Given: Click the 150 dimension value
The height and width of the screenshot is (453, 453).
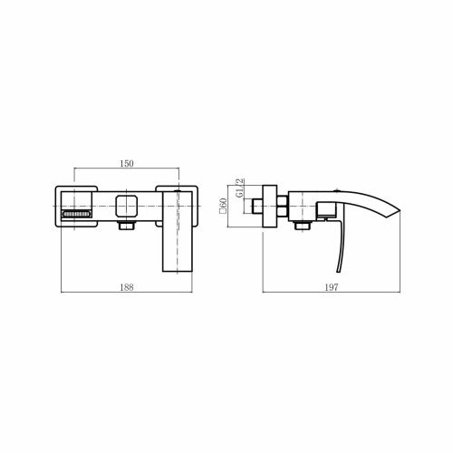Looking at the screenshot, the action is click(x=127, y=163).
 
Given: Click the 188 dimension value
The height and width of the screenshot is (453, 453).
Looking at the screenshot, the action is click(x=127, y=287).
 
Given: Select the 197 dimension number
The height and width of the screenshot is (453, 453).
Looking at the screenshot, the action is click(x=332, y=287).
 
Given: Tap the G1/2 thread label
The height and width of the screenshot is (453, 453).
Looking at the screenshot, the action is click(x=239, y=188).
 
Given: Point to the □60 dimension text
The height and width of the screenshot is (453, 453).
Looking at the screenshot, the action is click(x=224, y=206).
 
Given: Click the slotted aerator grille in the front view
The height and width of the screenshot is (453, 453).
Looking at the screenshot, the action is click(x=76, y=214).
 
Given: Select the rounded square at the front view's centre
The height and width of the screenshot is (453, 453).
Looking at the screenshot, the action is click(x=127, y=206).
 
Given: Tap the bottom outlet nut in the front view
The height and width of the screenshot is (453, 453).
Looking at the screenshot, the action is click(x=127, y=226).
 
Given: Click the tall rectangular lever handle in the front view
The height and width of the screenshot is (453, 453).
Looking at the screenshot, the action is click(x=178, y=232).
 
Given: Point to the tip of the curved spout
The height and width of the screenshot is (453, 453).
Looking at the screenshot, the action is click(x=400, y=210).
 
